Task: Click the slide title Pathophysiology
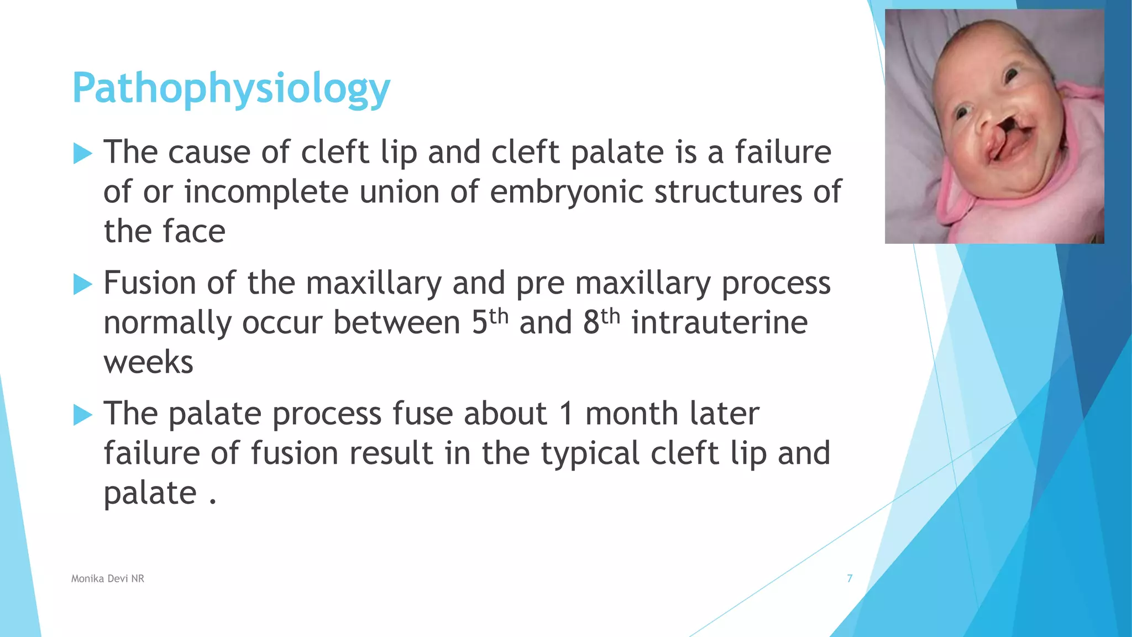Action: (x=231, y=88)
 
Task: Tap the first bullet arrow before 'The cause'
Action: (x=82, y=153)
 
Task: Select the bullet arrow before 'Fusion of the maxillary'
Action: (x=82, y=284)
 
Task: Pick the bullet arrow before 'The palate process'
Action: (x=82, y=415)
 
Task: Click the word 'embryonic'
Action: (x=567, y=192)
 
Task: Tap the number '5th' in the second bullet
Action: (x=490, y=322)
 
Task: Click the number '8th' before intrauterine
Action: (x=601, y=322)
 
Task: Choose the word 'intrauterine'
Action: (x=720, y=323)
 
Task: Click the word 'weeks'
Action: (x=149, y=363)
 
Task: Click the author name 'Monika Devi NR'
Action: (x=108, y=578)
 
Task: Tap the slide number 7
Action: (x=850, y=578)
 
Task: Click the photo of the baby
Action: (x=994, y=126)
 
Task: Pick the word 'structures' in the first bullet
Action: (x=728, y=192)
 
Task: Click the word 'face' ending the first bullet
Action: (x=196, y=232)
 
